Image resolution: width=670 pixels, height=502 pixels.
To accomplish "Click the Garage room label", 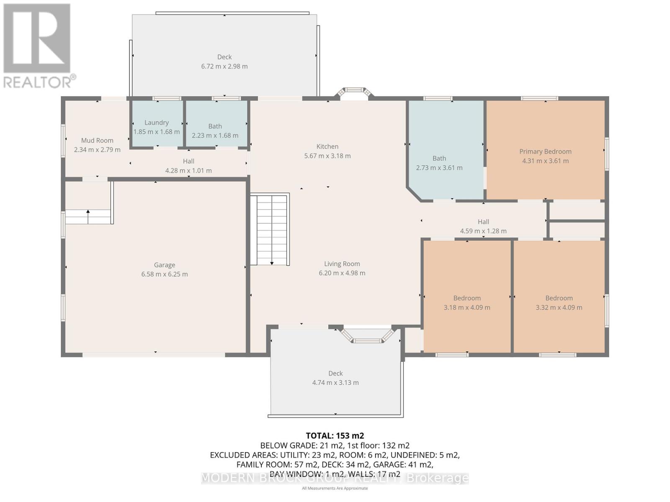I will coord(164,265).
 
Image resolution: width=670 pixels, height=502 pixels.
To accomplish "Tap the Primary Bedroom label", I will coord(545,151).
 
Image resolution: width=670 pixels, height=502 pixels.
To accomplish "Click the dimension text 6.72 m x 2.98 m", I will coord(224,66).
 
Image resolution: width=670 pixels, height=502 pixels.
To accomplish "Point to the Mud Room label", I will coord(97,141).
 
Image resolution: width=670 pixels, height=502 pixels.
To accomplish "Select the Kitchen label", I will coord(327,146).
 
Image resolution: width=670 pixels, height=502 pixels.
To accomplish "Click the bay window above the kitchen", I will coord(355,92).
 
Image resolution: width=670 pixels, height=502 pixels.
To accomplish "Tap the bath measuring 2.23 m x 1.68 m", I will coord(215,130).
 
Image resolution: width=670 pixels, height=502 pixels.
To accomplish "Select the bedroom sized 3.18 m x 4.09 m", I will coord(467,302).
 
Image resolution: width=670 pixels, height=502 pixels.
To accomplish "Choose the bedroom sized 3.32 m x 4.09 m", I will coord(559,302).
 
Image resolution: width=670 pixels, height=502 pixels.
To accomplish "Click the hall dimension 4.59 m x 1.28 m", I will coord(483,231).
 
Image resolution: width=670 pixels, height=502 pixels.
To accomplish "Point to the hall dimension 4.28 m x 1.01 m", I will coord(188,171).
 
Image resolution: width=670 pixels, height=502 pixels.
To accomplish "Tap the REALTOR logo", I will coord(38,46).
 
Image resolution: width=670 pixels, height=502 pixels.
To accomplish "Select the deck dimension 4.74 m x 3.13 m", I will coord(335,382).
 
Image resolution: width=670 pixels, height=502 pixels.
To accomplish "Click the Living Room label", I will coord(342,264).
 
